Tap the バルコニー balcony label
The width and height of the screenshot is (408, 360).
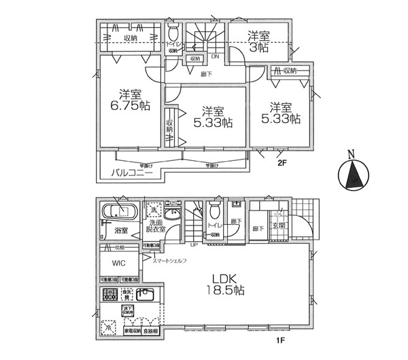[x=133, y=173]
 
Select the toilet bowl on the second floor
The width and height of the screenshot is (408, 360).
[x=173, y=33]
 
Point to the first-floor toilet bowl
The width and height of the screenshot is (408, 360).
[x=217, y=208]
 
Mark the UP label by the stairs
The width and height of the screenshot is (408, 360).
[x=194, y=245]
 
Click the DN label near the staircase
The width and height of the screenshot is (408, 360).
[x=214, y=57]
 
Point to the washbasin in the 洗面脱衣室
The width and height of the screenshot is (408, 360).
[x=172, y=216]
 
